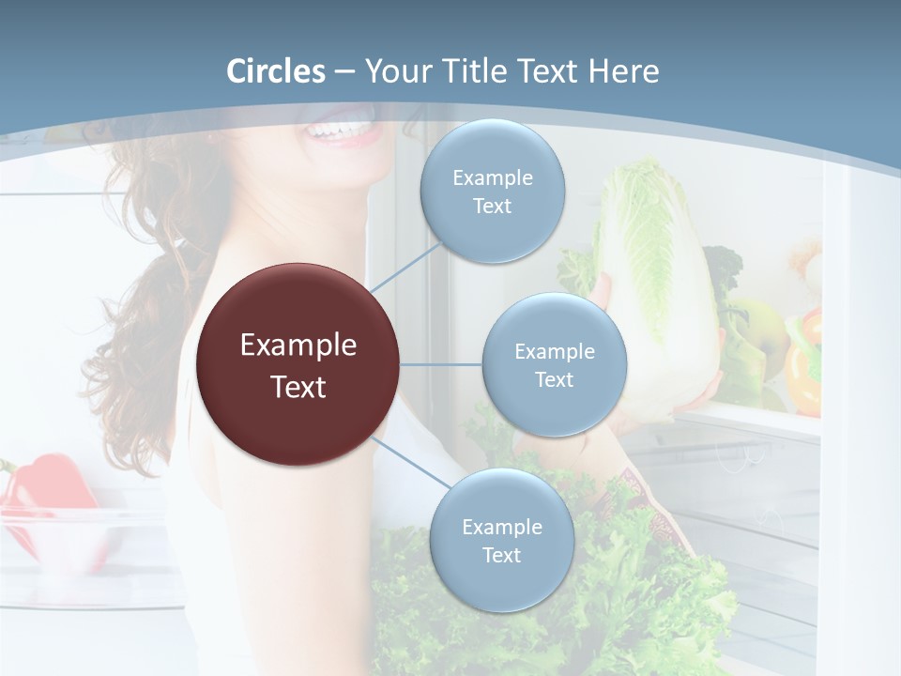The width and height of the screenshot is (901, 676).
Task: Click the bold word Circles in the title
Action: click(276, 71)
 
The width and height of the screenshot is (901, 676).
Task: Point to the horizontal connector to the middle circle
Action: click(441, 364)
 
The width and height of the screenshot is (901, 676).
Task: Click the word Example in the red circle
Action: click(298, 346)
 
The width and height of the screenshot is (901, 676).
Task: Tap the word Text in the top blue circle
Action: click(493, 206)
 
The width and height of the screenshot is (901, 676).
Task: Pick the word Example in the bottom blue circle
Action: click(501, 527)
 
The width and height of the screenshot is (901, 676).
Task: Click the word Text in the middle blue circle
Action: click(554, 379)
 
